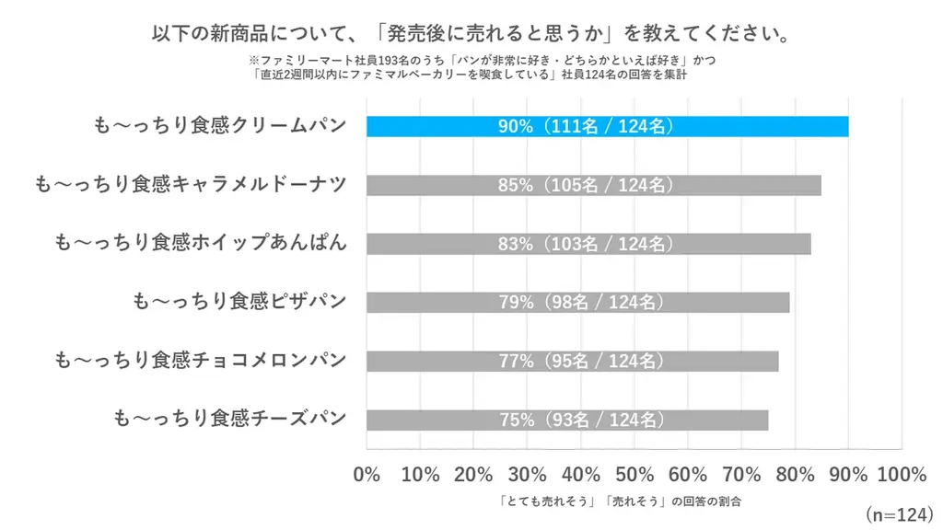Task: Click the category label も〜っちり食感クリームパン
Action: [220, 126]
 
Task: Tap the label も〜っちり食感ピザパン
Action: [239, 302]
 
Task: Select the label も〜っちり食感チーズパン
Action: [229, 420]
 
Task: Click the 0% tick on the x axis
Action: [367, 475]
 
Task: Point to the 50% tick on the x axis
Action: [634, 475]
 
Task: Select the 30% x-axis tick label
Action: [528, 475]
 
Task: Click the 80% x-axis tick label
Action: [795, 475]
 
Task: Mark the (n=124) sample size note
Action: [898, 513]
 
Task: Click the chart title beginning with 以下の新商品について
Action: [471, 34]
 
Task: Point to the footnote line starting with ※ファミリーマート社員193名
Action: [471, 60]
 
